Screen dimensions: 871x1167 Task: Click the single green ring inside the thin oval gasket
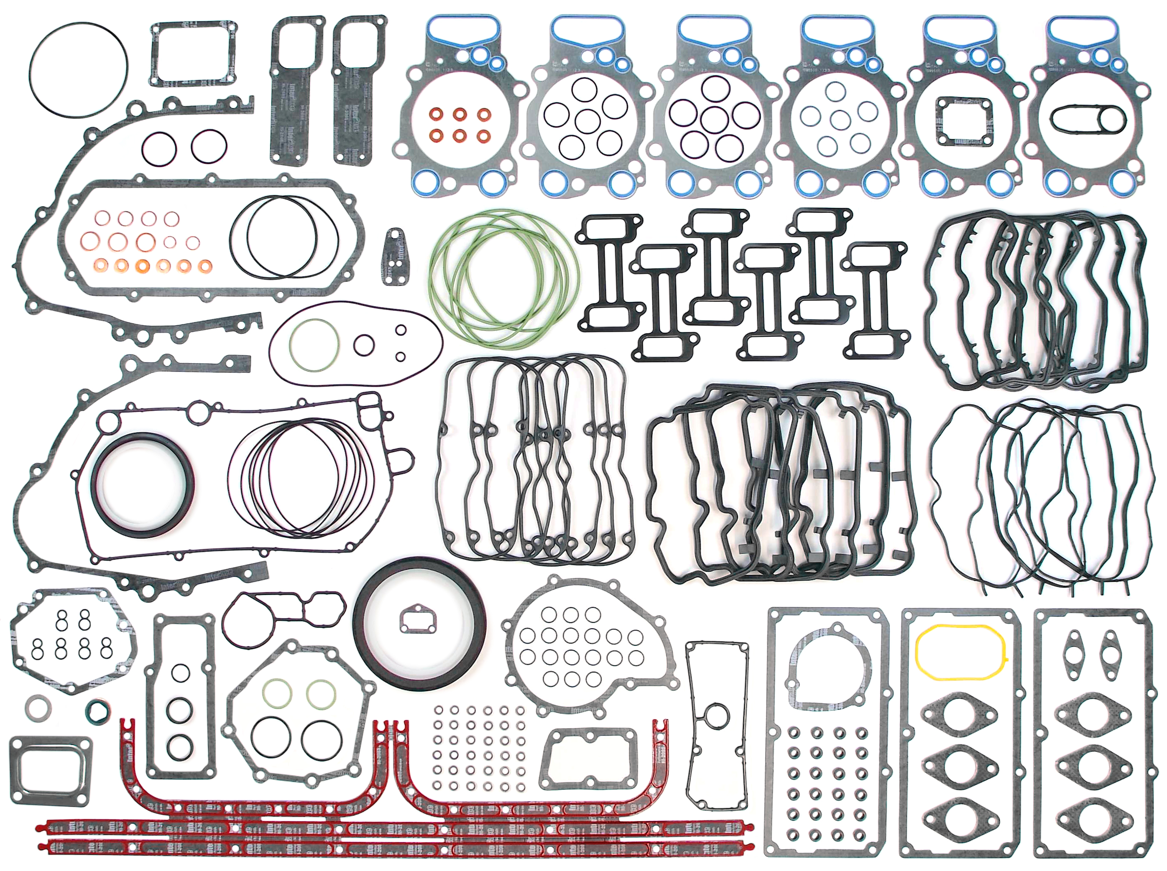(x=314, y=345)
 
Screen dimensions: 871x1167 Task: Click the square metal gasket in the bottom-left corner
(x=50, y=770)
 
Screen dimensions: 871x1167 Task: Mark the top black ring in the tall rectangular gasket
(x=180, y=674)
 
